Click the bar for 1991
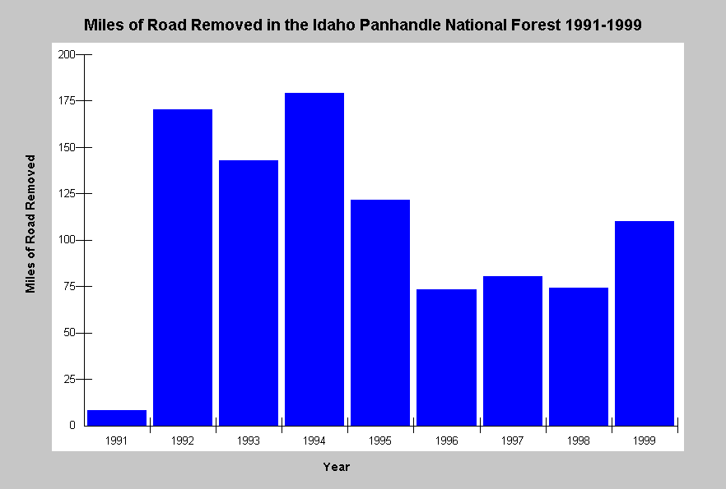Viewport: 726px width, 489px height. click(x=117, y=417)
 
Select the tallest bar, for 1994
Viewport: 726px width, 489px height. click(x=314, y=259)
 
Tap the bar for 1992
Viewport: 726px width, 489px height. click(x=183, y=268)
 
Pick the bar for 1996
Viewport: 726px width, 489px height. click(x=446, y=358)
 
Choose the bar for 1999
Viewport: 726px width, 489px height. click(x=645, y=324)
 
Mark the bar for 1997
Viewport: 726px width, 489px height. click(x=513, y=351)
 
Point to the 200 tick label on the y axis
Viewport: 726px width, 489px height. click(x=66, y=54)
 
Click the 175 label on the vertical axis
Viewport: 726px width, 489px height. click(x=66, y=101)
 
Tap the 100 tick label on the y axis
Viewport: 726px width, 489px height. click(x=66, y=240)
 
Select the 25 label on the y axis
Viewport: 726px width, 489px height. click(x=69, y=380)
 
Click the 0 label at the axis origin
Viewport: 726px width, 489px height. click(x=72, y=425)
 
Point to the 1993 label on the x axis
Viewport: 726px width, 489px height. click(x=249, y=441)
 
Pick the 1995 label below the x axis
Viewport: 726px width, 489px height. click(x=380, y=441)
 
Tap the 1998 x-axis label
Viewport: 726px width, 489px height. click(x=579, y=441)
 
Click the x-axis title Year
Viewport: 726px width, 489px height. click(x=337, y=467)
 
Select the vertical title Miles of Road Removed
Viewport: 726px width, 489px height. click(x=30, y=224)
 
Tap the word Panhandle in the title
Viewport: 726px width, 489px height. click(x=400, y=25)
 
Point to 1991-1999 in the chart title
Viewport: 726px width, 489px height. click(x=603, y=25)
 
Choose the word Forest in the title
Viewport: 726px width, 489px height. click(x=536, y=25)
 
